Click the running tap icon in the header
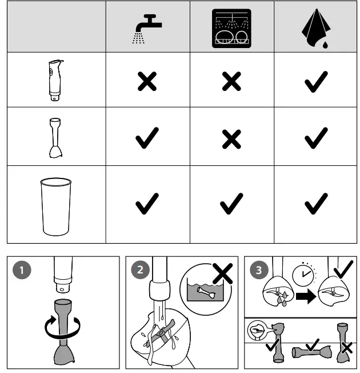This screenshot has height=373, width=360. click(x=146, y=27)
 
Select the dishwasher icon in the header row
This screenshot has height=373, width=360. click(x=231, y=27)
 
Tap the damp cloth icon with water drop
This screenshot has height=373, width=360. click(x=315, y=27)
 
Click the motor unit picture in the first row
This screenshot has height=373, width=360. click(x=55, y=80)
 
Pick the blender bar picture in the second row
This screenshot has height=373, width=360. click(x=55, y=137)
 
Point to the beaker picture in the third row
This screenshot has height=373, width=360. click(x=55, y=206)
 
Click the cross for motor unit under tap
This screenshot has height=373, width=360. click(x=147, y=82)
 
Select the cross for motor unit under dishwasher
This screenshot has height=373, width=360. click(x=231, y=82)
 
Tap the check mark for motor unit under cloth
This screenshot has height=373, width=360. click(x=315, y=82)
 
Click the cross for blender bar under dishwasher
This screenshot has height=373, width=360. click(x=231, y=138)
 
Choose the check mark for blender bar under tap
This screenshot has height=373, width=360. click(x=147, y=138)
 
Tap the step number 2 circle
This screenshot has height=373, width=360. click(x=139, y=271)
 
